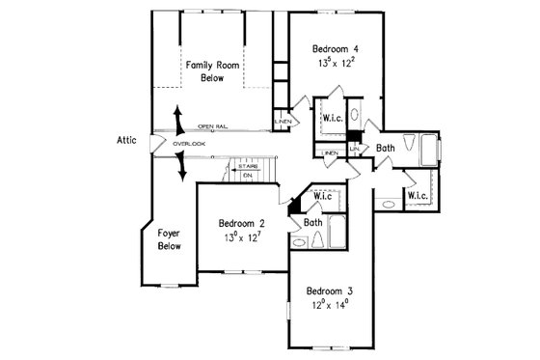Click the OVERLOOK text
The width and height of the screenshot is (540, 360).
pyautogui.click(x=190, y=144)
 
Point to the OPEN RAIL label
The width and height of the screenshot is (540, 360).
pyautogui.click(x=213, y=126)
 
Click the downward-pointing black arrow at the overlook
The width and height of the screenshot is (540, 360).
pyautogui.click(x=181, y=168)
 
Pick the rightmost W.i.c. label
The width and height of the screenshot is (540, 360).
pyautogui.click(x=418, y=196)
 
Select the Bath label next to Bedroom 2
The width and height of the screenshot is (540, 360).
pyautogui.click(x=313, y=222)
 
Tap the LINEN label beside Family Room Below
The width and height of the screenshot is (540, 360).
pyautogui.click(x=283, y=122)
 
